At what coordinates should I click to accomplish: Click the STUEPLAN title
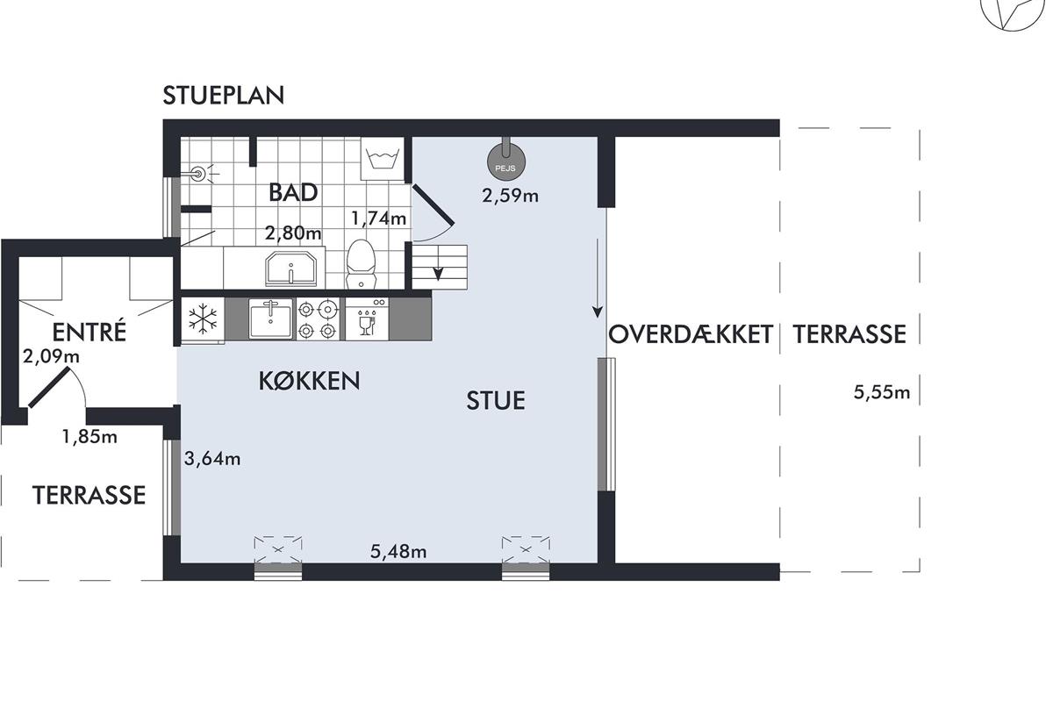click(x=223, y=96)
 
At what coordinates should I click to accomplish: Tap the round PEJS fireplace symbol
click(x=505, y=162)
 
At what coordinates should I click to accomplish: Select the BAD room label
click(x=293, y=193)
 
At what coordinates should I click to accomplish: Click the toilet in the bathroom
click(x=361, y=264)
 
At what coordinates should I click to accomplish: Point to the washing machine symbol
click(x=383, y=159)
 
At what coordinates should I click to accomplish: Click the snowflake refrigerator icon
click(x=203, y=319)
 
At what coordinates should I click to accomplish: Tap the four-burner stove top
click(x=318, y=319)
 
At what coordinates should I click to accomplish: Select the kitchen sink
click(x=271, y=319)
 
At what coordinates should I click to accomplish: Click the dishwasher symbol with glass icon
click(x=367, y=319)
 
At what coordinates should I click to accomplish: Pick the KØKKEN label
click(x=309, y=381)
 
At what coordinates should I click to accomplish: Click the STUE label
click(x=496, y=401)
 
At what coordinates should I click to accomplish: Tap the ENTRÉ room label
click(x=90, y=332)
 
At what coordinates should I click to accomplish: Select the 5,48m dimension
click(x=398, y=552)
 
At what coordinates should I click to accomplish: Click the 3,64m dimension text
click(x=212, y=458)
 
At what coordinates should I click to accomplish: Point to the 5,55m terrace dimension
click(x=882, y=392)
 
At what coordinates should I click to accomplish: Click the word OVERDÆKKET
click(x=691, y=334)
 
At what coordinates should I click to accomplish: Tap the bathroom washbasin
click(x=290, y=269)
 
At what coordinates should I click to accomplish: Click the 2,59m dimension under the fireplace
click(x=510, y=196)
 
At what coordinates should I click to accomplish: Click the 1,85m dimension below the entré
click(x=90, y=437)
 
